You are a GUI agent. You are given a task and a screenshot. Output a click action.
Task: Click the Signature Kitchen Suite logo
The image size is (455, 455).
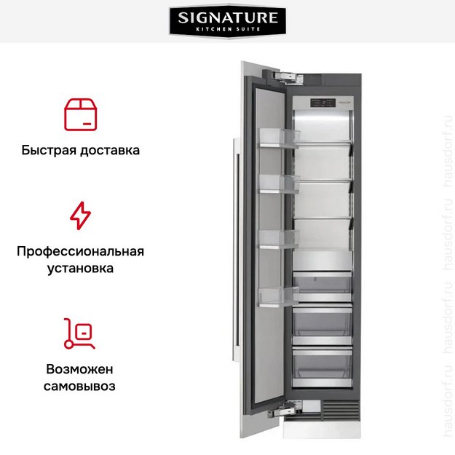[x=227, y=23]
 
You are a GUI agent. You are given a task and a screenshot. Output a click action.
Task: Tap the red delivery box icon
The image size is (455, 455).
[x=80, y=114]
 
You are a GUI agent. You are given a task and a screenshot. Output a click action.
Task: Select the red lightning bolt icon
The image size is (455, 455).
[x=80, y=216]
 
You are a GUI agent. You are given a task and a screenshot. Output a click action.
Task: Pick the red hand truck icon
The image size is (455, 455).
[x=80, y=333]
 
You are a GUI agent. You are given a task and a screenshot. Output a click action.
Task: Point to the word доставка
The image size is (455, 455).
[x=110, y=151]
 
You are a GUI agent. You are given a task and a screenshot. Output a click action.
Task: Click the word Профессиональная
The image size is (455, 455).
[x=80, y=251]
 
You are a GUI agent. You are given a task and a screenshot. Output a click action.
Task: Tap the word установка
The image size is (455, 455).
[x=80, y=269]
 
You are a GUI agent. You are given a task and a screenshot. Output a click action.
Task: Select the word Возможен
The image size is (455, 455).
[x=80, y=368]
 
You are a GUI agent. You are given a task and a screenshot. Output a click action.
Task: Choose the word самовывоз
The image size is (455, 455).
[x=80, y=386]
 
